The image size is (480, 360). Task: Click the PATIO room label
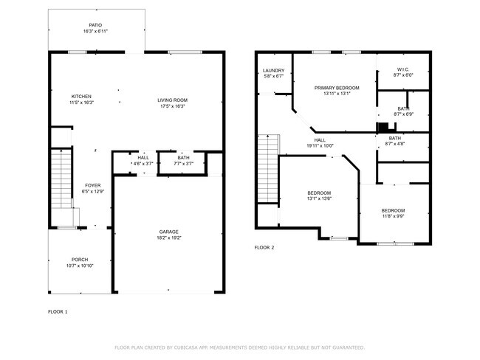96,25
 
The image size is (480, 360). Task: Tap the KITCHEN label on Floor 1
81,97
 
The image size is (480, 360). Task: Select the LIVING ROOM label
171,100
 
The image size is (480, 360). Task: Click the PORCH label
80,260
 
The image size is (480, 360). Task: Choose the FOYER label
93,185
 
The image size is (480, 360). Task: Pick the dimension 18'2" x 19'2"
168,238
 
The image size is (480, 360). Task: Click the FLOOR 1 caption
58,312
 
